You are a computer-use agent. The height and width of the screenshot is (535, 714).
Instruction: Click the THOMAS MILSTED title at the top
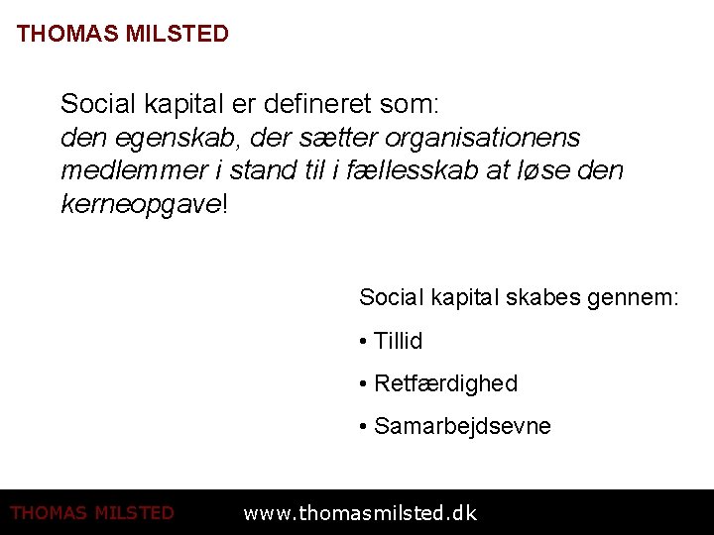122,34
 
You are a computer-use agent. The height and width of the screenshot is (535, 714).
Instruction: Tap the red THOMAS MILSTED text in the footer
92,513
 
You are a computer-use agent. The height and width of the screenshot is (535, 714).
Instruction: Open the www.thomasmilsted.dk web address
360,513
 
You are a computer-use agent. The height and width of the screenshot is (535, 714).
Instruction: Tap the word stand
262,170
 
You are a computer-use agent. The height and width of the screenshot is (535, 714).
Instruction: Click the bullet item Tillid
398,341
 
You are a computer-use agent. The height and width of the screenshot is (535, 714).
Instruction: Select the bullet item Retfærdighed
445,383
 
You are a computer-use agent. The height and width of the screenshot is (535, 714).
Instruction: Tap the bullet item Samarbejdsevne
462,426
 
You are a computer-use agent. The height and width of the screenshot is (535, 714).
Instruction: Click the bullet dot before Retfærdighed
364,383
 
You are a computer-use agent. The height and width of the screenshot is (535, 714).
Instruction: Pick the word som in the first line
417,103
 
